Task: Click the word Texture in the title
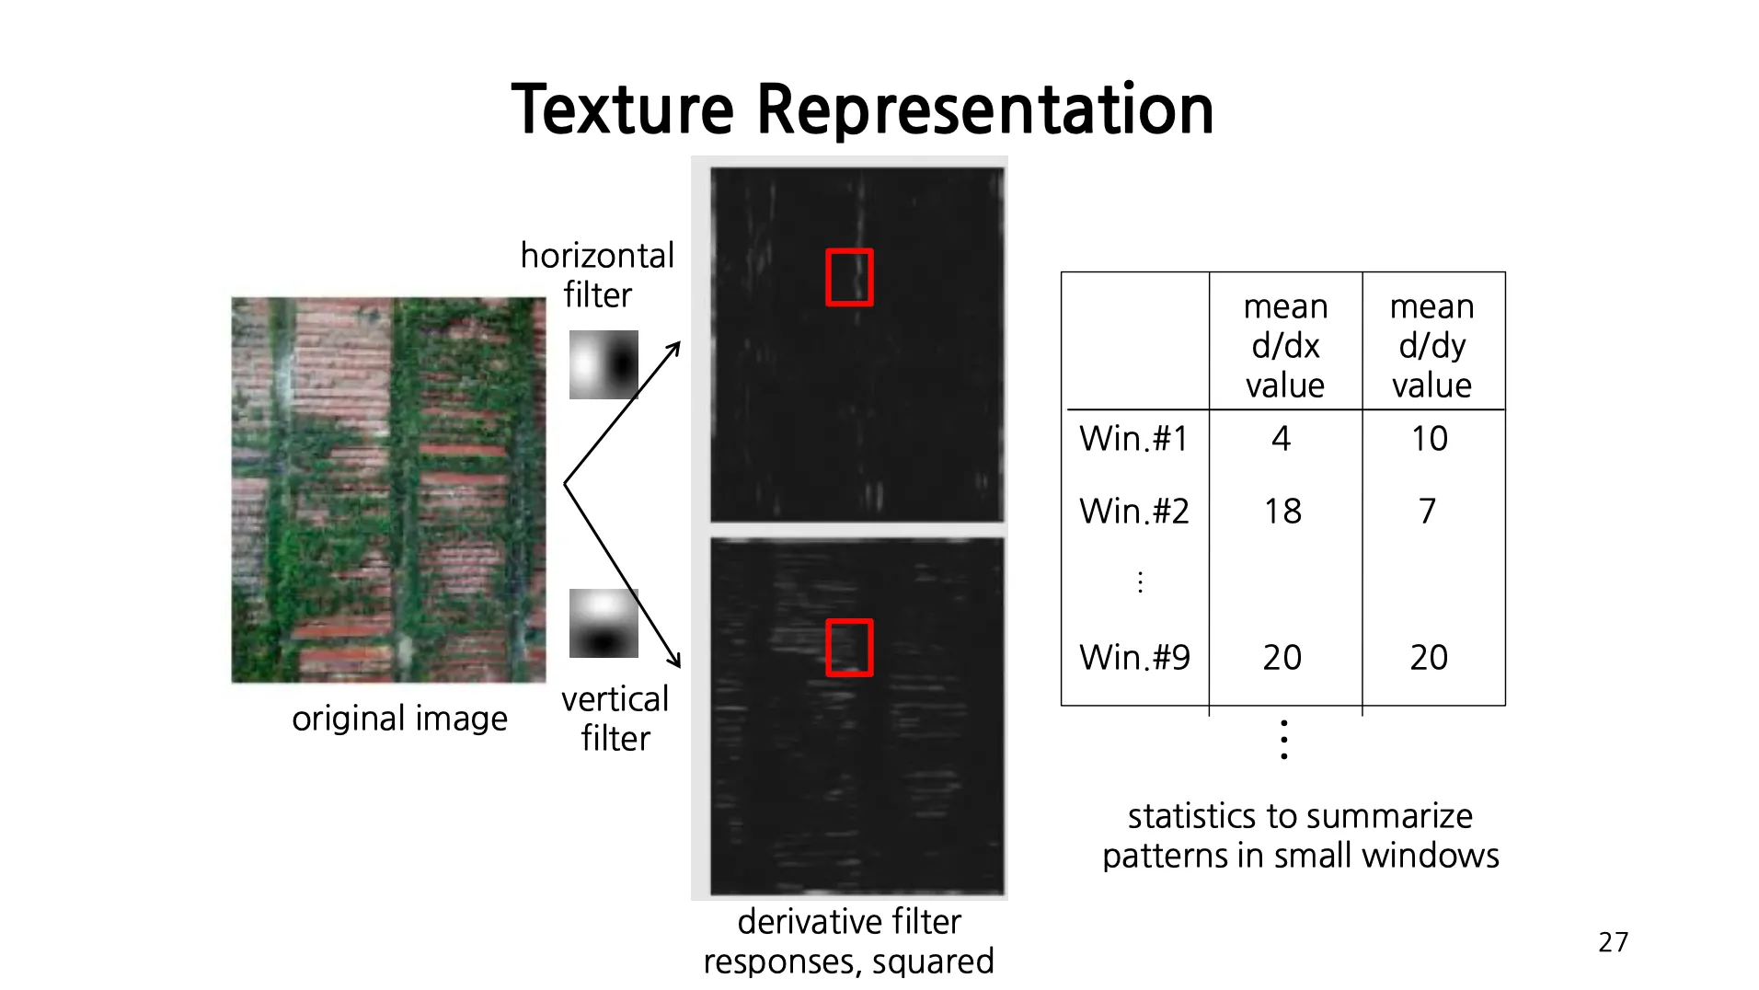[x=622, y=109]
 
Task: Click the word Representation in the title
[x=984, y=109]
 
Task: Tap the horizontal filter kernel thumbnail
[x=604, y=364]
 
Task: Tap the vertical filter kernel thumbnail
[x=604, y=623]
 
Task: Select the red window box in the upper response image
[x=848, y=277]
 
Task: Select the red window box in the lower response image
[x=848, y=648]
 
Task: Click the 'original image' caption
[x=399, y=718]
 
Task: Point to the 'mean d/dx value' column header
[x=1285, y=345]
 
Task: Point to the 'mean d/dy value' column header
[x=1431, y=345]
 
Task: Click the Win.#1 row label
[x=1133, y=439]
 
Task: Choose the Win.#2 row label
[x=1133, y=512]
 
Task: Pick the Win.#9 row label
[x=1134, y=658]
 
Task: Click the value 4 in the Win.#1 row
[x=1281, y=439]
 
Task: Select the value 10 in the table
[x=1430, y=439]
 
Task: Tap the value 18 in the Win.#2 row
[x=1282, y=512]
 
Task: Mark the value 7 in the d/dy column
[x=1427, y=512]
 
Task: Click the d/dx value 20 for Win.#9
[x=1282, y=658]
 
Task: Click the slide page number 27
[x=1613, y=942]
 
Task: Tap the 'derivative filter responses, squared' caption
[x=848, y=940]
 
